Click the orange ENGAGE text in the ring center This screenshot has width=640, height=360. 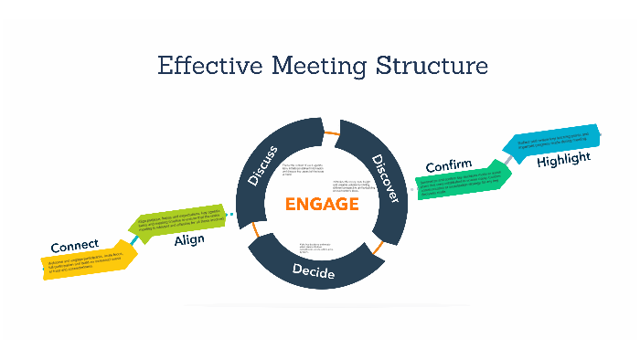pos(322,204)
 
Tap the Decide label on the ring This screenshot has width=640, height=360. pos(314,272)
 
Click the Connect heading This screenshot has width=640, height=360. pos(74,247)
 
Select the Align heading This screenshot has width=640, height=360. pos(189,240)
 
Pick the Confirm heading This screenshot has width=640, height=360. pos(448,166)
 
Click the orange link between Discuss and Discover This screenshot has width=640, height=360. pos(334,135)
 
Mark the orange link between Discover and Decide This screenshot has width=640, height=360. pos(377,247)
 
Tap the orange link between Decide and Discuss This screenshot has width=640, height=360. pos(257,235)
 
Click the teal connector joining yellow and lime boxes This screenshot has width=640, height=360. pos(135,240)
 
